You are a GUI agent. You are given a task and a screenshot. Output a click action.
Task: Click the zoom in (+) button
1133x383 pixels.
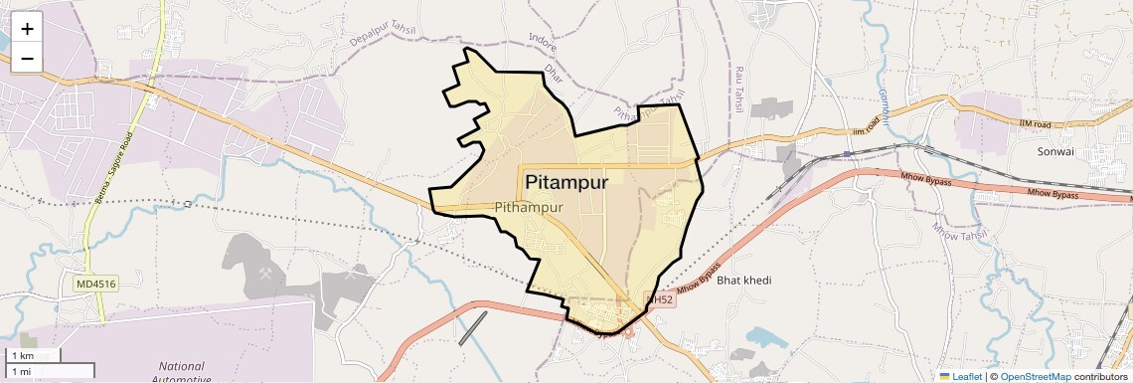[x=27, y=29]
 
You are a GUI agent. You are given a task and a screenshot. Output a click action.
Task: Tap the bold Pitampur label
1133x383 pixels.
[x=566, y=183]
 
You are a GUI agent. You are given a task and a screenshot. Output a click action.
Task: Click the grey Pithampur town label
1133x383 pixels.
[x=529, y=207]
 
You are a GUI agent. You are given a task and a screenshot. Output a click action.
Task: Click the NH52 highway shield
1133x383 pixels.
[x=661, y=298]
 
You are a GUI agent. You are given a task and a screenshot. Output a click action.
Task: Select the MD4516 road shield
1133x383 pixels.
[x=96, y=285]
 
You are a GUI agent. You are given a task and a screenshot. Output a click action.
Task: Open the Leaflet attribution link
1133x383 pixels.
[x=960, y=376]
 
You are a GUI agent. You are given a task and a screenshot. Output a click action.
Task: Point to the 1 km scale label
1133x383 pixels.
[x=22, y=356]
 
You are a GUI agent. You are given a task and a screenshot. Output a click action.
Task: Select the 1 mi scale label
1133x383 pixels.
[x=21, y=371]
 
